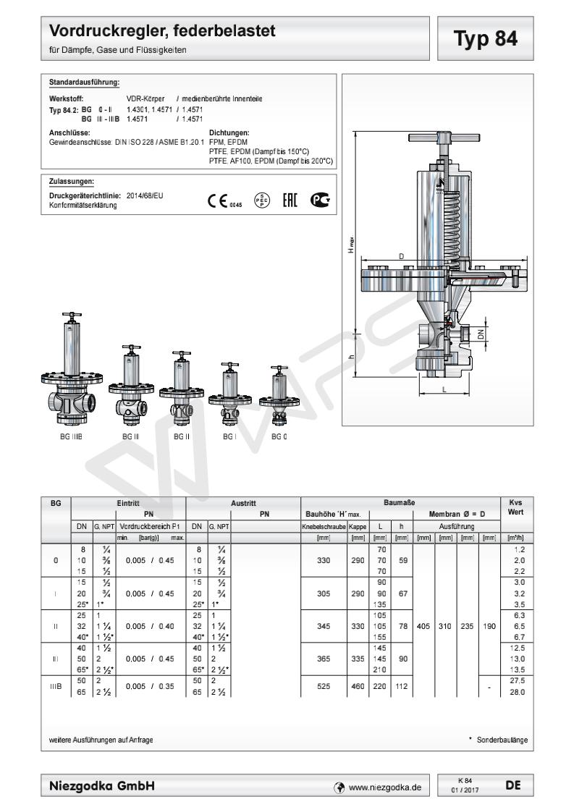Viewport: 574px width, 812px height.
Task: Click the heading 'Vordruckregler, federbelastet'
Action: coord(163,32)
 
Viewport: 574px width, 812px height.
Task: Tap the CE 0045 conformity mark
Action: coord(219,201)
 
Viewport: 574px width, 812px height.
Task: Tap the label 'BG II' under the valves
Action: coord(181,437)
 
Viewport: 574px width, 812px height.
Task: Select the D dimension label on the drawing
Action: coord(401,257)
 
